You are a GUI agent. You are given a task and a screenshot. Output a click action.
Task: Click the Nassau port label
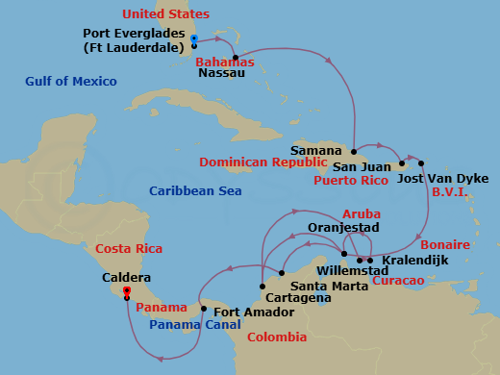[220, 72]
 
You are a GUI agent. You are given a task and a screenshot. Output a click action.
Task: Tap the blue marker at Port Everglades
[194, 38]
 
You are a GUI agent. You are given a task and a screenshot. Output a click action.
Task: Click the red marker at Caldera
[126, 289]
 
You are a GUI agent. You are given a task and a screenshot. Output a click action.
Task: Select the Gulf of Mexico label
[71, 82]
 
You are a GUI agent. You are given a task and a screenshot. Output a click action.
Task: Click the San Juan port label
[358, 165]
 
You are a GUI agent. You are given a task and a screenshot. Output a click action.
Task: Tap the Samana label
[317, 151]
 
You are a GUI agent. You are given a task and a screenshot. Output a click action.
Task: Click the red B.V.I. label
[449, 192]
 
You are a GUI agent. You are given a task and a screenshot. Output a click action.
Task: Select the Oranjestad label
[343, 227]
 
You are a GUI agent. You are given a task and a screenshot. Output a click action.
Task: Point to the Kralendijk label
[413, 261]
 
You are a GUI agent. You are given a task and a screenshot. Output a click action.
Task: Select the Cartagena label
[297, 299]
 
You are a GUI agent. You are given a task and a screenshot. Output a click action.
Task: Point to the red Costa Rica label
[127, 250]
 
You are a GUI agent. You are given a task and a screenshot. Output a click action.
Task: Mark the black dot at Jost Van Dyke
[421, 163]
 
